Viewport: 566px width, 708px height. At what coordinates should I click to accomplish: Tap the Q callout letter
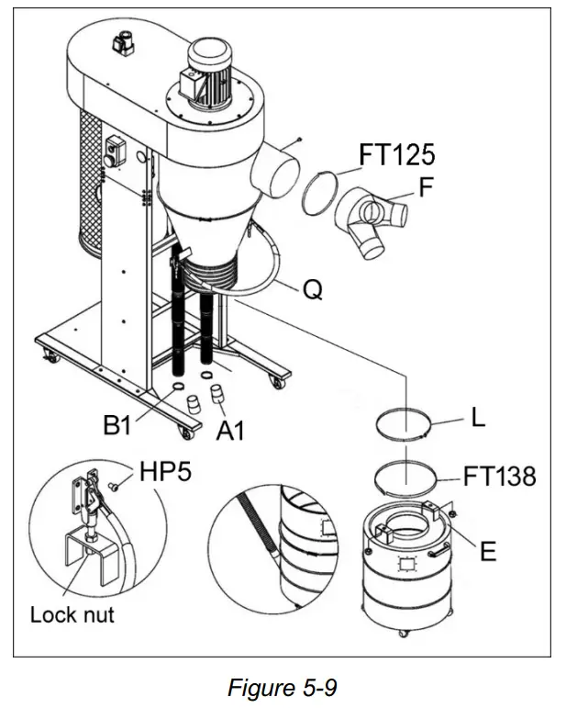click(314, 292)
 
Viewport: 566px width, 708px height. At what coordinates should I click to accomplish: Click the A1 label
click(229, 428)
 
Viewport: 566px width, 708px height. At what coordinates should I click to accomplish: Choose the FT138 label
click(499, 476)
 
